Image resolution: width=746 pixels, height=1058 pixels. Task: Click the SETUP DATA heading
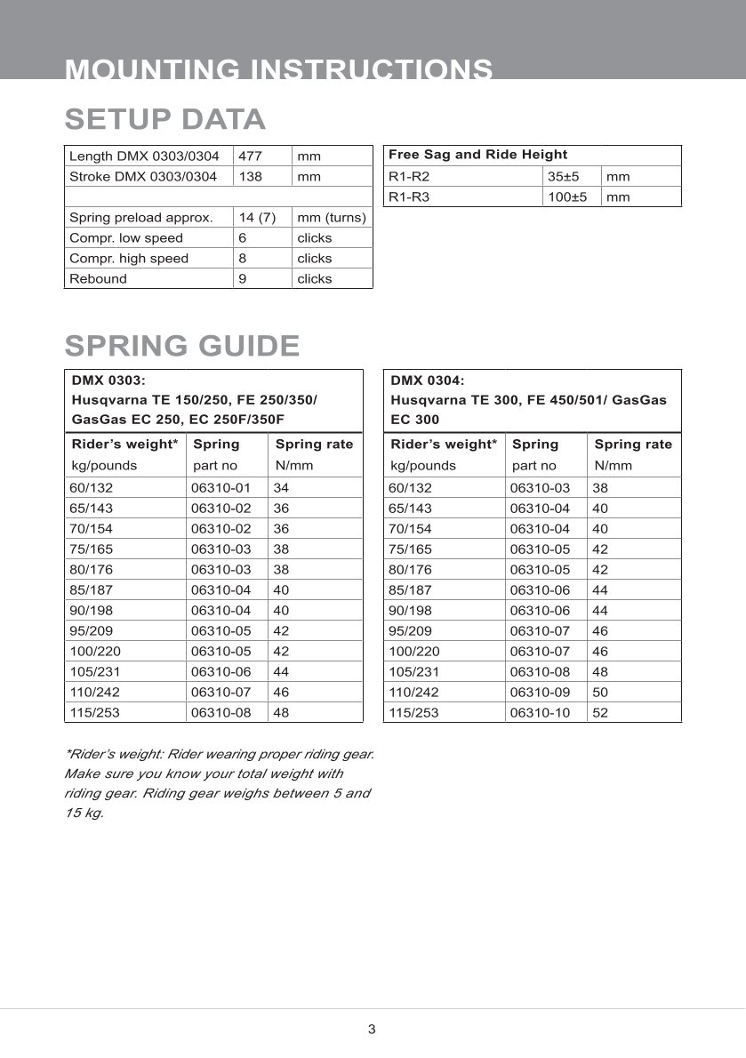[165, 118]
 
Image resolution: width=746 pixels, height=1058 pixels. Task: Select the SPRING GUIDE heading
[182, 345]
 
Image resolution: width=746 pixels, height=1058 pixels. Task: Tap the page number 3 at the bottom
[372, 1030]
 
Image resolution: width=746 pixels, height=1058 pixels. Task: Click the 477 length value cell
[251, 156]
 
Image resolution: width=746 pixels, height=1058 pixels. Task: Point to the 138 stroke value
[251, 176]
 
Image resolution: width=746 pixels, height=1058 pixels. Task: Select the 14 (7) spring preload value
[257, 217]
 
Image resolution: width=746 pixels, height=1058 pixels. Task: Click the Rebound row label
[98, 278]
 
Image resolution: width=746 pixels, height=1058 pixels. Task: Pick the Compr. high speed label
[128, 258]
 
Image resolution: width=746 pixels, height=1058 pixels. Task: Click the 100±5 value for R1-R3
[566, 196]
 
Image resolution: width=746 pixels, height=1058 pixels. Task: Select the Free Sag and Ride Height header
[477, 155]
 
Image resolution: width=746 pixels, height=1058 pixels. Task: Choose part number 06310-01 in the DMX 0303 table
[221, 487]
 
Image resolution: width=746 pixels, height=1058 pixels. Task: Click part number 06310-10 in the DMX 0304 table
[541, 712]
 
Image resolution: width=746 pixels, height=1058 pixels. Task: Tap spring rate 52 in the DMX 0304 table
[600, 712]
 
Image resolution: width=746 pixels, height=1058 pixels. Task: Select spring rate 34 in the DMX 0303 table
[281, 487]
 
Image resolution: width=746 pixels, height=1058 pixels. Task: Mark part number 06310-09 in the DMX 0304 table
[541, 692]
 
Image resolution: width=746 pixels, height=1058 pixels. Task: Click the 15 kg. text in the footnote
[84, 813]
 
